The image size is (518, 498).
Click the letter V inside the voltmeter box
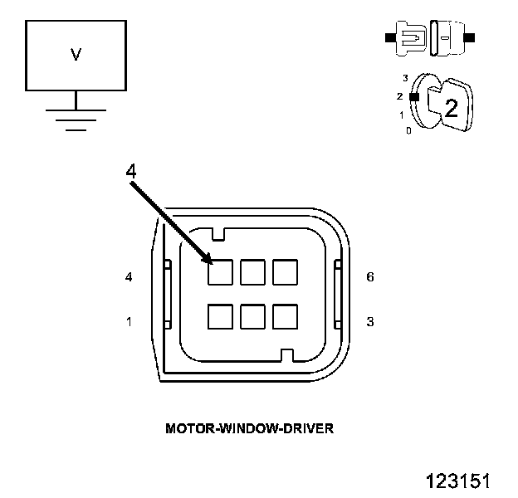76,55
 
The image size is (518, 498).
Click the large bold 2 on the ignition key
452,108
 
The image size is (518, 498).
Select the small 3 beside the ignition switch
405,78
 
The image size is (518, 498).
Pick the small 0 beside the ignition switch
408,131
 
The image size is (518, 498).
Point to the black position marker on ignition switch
414,97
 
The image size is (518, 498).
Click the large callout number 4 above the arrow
131,171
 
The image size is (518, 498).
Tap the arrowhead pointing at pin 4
208,259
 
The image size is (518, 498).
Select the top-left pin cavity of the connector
220,272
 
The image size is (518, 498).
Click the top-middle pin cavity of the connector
252,272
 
